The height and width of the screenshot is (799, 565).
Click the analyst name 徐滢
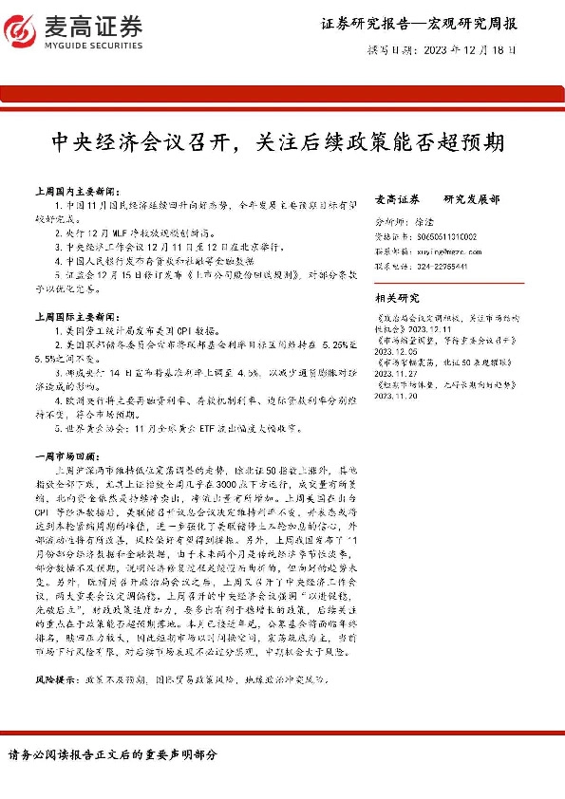coord(425,221)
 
